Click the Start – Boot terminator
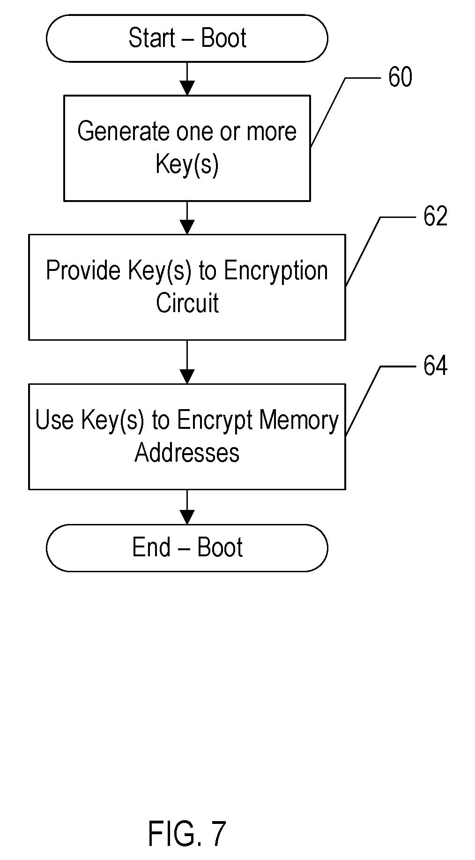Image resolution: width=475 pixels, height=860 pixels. pos(187,38)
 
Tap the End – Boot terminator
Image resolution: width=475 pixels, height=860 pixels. pos(187,547)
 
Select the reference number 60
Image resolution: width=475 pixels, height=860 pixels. pos(400,77)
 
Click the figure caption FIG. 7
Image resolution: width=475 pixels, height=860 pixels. pos(186,833)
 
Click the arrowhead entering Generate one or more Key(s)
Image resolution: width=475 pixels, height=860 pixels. pos(187,88)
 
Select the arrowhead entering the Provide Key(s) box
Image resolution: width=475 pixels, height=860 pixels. pos(187,227)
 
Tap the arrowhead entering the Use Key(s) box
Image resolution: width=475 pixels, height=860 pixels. pos(187,377)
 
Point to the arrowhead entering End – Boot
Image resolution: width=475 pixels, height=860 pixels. pos(187,517)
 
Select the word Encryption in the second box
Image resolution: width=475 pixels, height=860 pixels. pos(276,271)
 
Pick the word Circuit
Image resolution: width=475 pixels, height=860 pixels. pos(187,303)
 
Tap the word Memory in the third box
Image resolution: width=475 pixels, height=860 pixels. pos(299,420)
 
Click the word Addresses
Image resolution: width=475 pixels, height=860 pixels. pos(187,452)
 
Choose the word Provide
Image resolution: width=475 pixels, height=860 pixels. pos(83,271)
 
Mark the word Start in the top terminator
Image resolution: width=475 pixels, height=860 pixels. pos(152,38)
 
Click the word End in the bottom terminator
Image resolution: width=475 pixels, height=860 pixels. pos(151,547)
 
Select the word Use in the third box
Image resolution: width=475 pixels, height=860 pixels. pos(54,420)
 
